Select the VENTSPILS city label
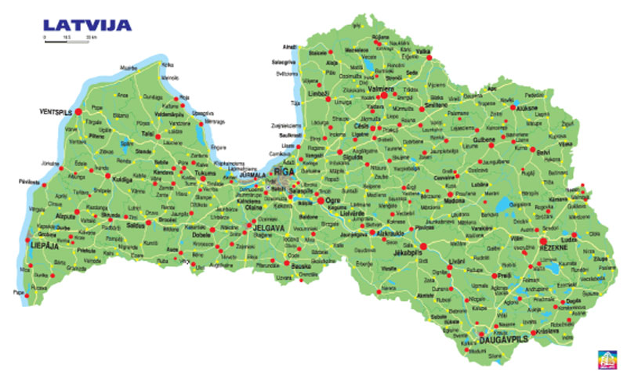pyautogui.click(x=55, y=113)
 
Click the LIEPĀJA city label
pyautogui.click(x=24, y=246)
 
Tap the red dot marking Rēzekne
pyautogui.click(x=543, y=241)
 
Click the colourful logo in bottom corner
pyautogui.click(x=605, y=357)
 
